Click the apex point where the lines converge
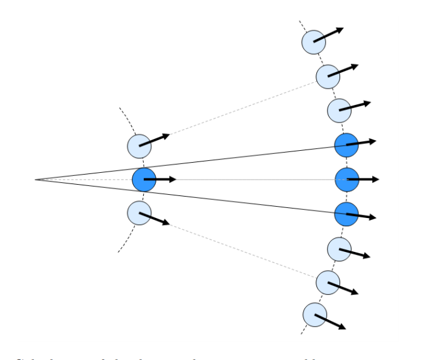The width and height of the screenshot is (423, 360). click(x=36, y=180)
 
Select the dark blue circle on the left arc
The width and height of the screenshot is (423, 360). click(x=144, y=180)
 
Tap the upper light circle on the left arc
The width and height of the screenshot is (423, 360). click(x=139, y=146)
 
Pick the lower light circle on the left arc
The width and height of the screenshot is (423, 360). click(x=139, y=213)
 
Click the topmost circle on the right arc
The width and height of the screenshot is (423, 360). click(x=314, y=42)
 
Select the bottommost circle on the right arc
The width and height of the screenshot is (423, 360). click(x=314, y=315)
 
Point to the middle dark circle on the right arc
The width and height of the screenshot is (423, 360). click(x=346, y=180)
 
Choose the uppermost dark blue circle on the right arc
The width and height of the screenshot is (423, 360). click(x=346, y=145)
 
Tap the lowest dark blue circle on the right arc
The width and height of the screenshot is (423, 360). click(x=346, y=214)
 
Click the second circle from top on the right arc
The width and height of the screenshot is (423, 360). click(x=328, y=76)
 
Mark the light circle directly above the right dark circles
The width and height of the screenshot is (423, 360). click(x=339, y=111)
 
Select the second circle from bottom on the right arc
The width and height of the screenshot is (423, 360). click(x=328, y=283)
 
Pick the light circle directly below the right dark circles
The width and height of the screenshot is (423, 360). click(x=339, y=249)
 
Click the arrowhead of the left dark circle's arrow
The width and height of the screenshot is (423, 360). click(x=173, y=180)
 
